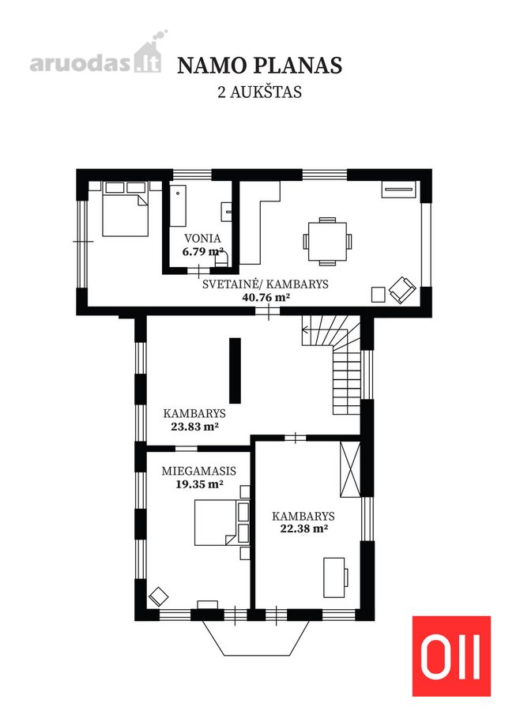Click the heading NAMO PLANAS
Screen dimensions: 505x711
pyautogui.click(x=259, y=66)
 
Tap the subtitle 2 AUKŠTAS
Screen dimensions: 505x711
pyautogui.click(x=259, y=92)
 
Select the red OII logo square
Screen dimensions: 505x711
pyautogui.click(x=451, y=656)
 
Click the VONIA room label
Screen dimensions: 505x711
pyautogui.click(x=202, y=239)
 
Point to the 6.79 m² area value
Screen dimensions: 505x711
pyautogui.click(x=202, y=251)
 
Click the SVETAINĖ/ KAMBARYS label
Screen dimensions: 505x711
pyautogui.click(x=265, y=284)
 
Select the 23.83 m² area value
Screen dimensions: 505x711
pyautogui.click(x=194, y=427)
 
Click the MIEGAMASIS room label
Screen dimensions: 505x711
pyautogui.click(x=198, y=471)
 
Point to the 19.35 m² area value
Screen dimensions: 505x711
pyautogui.click(x=199, y=483)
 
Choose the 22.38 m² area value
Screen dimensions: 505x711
pyautogui.click(x=304, y=529)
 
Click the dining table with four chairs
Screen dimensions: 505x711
pyautogui.click(x=328, y=241)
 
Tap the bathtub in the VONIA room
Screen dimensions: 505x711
pyautogui.click(x=178, y=205)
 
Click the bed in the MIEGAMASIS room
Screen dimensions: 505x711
pyautogui.click(x=216, y=522)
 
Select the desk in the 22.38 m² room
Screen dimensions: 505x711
pyautogui.click(x=335, y=577)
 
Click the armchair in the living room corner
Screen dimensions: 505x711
pyautogui.click(x=402, y=290)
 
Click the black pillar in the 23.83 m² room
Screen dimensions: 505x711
pyautogui.click(x=235, y=371)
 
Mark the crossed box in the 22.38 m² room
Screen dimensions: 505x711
pyautogui.click(x=350, y=470)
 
